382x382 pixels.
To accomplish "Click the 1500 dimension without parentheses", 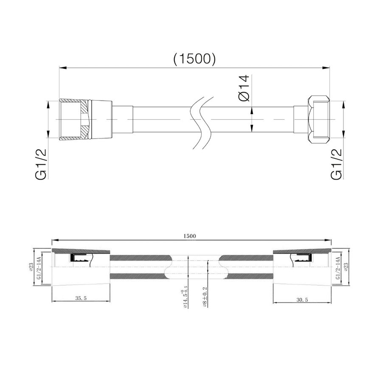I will [x=191, y=236].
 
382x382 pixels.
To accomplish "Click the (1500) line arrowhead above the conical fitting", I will [x=62, y=67].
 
